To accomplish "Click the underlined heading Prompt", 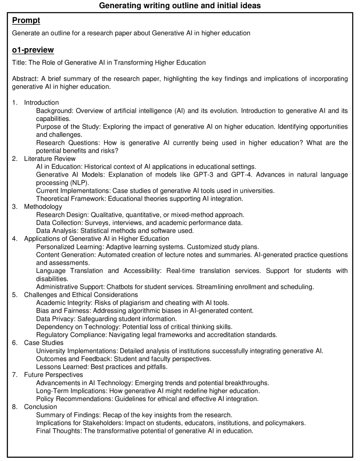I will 27,21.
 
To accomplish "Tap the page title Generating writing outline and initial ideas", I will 180,6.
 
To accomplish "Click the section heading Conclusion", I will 41,406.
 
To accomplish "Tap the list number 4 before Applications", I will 15,238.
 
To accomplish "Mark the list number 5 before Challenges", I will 15,294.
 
